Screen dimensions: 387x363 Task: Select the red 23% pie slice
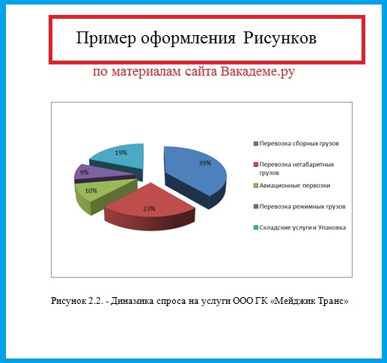pyautogui.click(x=150, y=207)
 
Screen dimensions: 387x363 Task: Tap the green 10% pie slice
pyautogui.click(x=100, y=195)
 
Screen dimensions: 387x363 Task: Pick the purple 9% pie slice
pyautogui.click(x=100, y=173)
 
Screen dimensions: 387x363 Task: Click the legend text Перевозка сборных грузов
pyautogui.click(x=299, y=144)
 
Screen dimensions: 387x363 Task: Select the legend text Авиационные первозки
pyautogui.click(x=295, y=186)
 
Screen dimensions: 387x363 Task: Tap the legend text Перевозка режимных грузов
pyautogui.click(x=302, y=207)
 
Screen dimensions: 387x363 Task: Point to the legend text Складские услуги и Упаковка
pyautogui.click(x=302, y=228)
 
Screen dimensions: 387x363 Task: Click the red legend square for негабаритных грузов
pyautogui.click(x=256, y=165)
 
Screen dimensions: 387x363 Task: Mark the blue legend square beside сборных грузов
pyautogui.click(x=256, y=144)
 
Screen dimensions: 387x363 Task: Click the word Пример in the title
pyautogui.click(x=106, y=39)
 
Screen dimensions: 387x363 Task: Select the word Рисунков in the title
pyautogui.click(x=280, y=39)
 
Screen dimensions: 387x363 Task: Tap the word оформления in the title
pyautogui.click(x=188, y=39)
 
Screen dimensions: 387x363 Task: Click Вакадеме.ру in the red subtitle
pyautogui.click(x=258, y=72)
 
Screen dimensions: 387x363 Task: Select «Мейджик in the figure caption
pyautogui.click(x=292, y=301)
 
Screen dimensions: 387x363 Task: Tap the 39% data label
pyautogui.click(x=205, y=163)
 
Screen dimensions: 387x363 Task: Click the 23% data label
pyautogui.click(x=149, y=209)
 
